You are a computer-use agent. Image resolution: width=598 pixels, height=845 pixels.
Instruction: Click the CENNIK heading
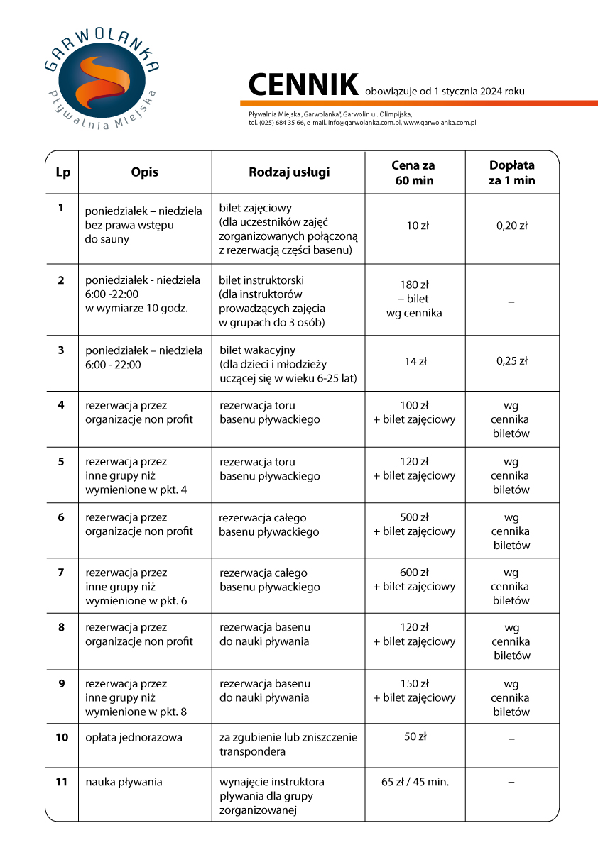(303, 85)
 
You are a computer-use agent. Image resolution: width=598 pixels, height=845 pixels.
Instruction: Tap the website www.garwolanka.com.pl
(440, 123)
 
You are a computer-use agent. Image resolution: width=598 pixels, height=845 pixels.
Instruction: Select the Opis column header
(145, 172)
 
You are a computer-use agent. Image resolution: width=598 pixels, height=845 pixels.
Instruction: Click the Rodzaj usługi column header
(289, 172)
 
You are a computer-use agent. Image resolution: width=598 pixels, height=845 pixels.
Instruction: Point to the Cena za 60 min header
(413, 172)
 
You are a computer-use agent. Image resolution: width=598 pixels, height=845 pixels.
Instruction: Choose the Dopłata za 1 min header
(511, 172)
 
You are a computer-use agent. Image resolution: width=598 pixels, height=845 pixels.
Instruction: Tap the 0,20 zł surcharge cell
(511, 226)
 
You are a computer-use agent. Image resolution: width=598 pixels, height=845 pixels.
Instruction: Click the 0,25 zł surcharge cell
(511, 361)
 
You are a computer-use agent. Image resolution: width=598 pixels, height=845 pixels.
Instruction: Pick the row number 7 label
(61, 572)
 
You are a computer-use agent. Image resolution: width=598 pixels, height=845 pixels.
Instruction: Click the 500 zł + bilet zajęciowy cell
(414, 524)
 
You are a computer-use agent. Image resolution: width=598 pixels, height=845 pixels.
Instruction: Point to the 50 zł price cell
(415, 737)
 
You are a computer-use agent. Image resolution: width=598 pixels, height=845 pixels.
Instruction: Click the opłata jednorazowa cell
(134, 737)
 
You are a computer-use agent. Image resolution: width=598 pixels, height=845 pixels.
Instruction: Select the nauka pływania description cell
(124, 782)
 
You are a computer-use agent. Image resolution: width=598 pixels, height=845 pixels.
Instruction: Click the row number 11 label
(62, 782)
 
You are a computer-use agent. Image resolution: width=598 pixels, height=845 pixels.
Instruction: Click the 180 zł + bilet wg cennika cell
(414, 299)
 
